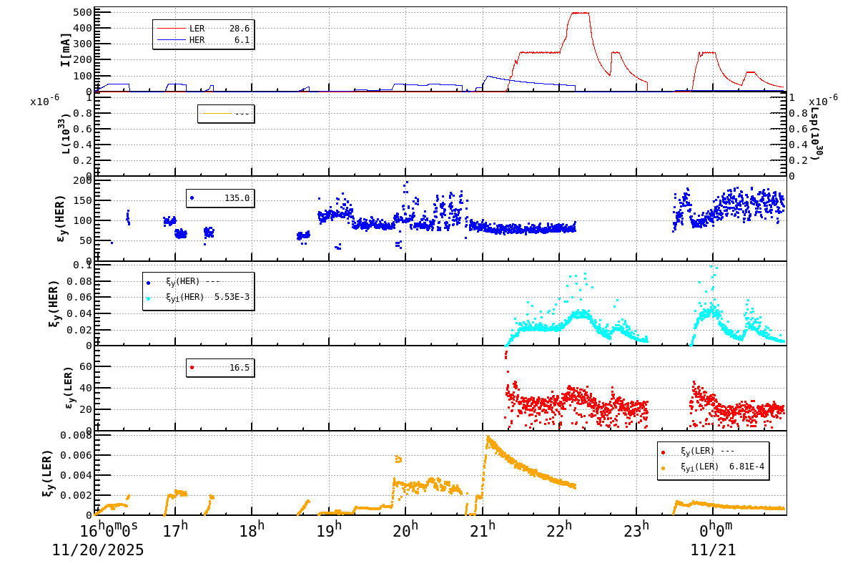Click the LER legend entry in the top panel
click(197, 29)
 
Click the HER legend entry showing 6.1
click(197, 40)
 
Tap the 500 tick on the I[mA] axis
click(82, 12)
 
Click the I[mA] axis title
click(65, 50)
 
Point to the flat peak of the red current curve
click(578, 13)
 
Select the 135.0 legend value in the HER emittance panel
click(237, 198)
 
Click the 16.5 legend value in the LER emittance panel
click(239, 368)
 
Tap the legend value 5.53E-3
click(232, 297)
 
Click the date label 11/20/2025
click(98, 550)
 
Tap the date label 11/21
click(712, 550)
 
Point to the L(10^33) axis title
click(65, 136)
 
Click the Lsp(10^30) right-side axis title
click(814, 136)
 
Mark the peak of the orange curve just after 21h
click(488, 436)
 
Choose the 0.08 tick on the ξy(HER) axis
click(80, 280)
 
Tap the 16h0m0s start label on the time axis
click(109, 530)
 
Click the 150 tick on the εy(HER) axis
click(82, 200)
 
